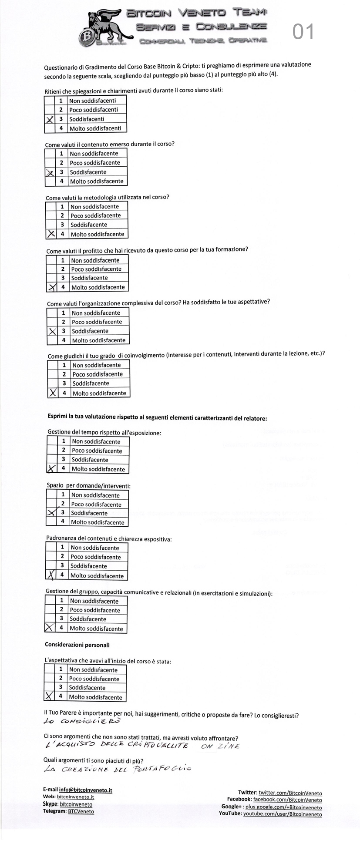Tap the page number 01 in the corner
(303, 32)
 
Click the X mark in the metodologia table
(51, 234)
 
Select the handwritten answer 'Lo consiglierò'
(82, 721)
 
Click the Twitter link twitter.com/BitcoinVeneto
(290, 793)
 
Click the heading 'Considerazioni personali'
(77, 645)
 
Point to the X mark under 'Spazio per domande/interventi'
(52, 512)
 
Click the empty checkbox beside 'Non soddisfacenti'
(50, 101)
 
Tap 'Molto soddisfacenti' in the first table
(95, 128)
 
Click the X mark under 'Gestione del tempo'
(51, 469)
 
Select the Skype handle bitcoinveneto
(76, 804)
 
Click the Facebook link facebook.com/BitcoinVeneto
(287, 800)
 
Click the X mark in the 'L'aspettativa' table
(49, 696)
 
